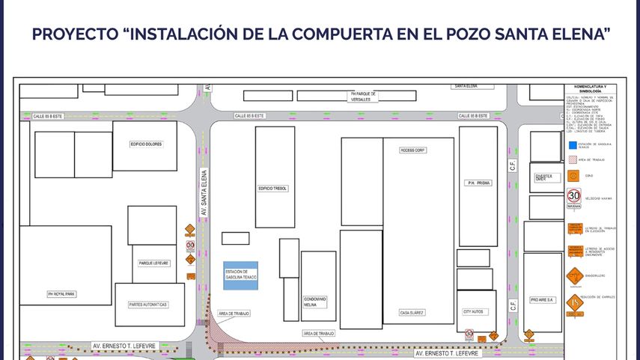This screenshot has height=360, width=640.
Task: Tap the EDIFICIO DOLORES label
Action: pyautogui.click(x=146, y=144)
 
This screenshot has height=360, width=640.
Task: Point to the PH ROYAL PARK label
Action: pyautogui.click(x=61, y=294)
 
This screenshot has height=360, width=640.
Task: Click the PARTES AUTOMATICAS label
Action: pyautogui.click(x=148, y=305)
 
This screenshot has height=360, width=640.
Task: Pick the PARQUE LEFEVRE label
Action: pyautogui.click(x=153, y=263)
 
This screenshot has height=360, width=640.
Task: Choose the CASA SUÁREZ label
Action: pyautogui.click(x=412, y=312)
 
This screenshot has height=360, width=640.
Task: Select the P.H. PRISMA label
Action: pyautogui.click(x=479, y=183)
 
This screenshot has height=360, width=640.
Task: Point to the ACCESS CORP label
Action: pyautogui.click(x=412, y=150)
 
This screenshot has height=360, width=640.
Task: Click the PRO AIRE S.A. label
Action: pyautogui.click(x=541, y=299)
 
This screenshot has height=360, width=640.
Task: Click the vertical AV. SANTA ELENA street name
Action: pyautogui.click(x=204, y=194)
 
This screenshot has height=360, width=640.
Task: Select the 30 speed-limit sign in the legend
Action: pyautogui.click(x=574, y=195)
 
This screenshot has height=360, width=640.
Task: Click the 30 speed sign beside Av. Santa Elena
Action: pyautogui.click(x=190, y=244)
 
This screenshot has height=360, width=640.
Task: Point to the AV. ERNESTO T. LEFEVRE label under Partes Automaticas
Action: pyautogui.click(x=124, y=346)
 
